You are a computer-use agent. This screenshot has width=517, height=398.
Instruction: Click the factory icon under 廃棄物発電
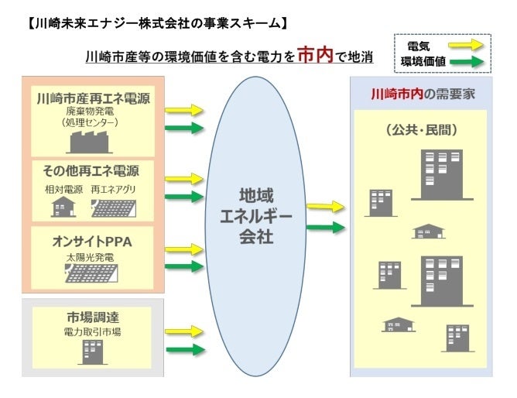[92, 142]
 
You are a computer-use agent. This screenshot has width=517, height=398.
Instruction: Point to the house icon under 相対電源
[63, 207]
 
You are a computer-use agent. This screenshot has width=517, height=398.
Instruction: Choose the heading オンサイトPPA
[92, 242]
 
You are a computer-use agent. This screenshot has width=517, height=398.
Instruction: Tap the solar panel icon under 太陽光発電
[92, 273]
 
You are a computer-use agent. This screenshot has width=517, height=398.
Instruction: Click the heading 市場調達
[92, 318]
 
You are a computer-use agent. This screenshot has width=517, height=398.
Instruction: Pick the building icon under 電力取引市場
[92, 353]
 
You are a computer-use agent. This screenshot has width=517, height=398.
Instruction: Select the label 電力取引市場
[92, 332]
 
